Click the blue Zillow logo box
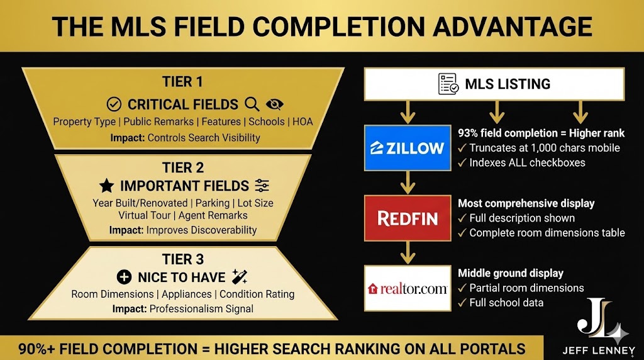[408, 148]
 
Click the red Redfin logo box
[408, 218]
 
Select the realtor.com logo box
[408, 288]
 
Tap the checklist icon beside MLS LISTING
[448, 84]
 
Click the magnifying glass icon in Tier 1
[252, 104]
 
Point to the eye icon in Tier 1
[275, 104]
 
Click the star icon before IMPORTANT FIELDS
[107, 186]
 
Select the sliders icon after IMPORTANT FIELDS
[262, 185]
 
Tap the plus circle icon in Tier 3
[124, 277]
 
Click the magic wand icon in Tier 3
[239, 276]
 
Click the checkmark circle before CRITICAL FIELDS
[114, 104]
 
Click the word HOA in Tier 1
[302, 121]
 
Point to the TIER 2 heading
[184, 168]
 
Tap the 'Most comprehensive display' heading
[526, 203]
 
